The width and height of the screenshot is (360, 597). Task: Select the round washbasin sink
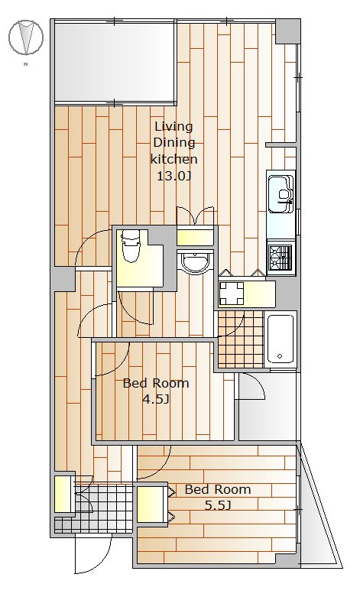195,263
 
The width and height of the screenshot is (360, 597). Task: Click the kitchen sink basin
281,194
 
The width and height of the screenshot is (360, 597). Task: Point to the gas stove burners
281,257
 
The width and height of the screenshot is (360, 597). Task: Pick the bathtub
280,339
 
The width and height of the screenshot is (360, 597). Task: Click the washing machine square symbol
232,294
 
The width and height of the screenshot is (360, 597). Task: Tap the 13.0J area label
174,176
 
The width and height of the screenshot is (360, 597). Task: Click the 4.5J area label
155,399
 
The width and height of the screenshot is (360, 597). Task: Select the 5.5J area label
218,505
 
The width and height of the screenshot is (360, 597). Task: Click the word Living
174,127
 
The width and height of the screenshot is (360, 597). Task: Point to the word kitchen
174,158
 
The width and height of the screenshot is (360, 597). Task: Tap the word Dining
174,143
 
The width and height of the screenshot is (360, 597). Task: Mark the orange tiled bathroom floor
240,339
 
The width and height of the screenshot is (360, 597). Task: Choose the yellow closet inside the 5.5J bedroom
151,505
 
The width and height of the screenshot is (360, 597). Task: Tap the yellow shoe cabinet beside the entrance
63,494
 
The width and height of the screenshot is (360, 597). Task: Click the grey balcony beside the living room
115,61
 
